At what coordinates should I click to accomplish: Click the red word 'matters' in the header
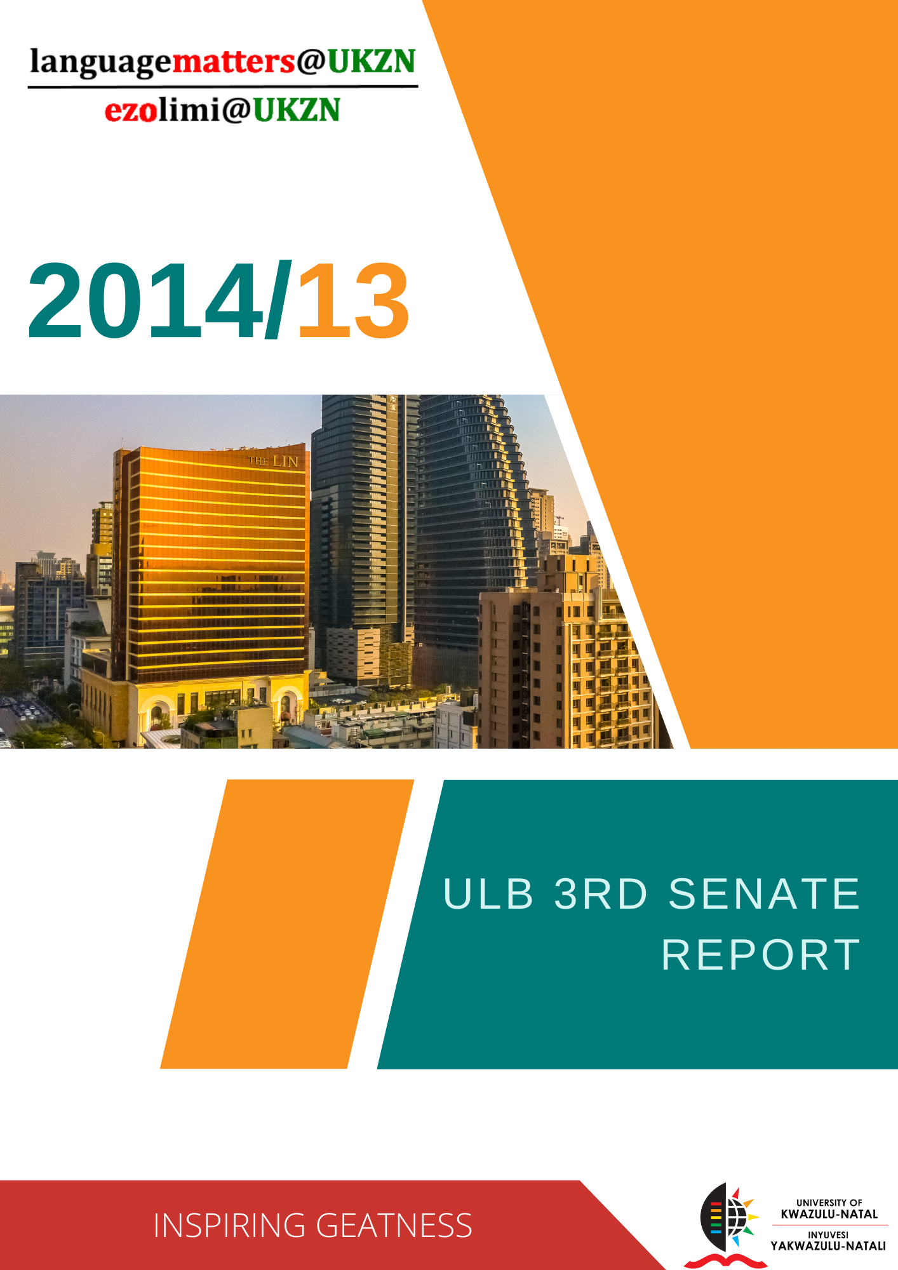click(x=234, y=62)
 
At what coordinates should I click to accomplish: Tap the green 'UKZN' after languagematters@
click(x=372, y=61)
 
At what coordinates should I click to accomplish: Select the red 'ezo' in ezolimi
click(x=131, y=110)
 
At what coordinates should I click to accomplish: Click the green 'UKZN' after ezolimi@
click(x=297, y=110)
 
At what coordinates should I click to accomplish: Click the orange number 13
click(x=353, y=301)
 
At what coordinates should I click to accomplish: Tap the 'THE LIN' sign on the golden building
click(x=272, y=461)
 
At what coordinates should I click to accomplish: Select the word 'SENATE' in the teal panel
click(x=764, y=893)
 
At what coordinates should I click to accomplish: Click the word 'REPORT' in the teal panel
click(x=761, y=954)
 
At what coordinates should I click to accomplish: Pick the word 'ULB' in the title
click(x=488, y=893)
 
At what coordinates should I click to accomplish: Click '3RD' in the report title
click(x=601, y=893)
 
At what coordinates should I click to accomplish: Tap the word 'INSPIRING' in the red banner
click(x=229, y=1226)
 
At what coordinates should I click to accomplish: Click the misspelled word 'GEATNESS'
click(x=394, y=1226)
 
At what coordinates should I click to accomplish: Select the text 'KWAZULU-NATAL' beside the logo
click(x=829, y=1213)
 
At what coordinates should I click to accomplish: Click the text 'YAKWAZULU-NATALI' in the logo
click(x=828, y=1245)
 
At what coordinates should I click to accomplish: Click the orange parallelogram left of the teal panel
click(x=287, y=924)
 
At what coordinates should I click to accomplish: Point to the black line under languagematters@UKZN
click(x=223, y=86)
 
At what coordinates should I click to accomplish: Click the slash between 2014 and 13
click(x=279, y=299)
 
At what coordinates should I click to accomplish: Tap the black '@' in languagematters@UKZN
click(x=311, y=62)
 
